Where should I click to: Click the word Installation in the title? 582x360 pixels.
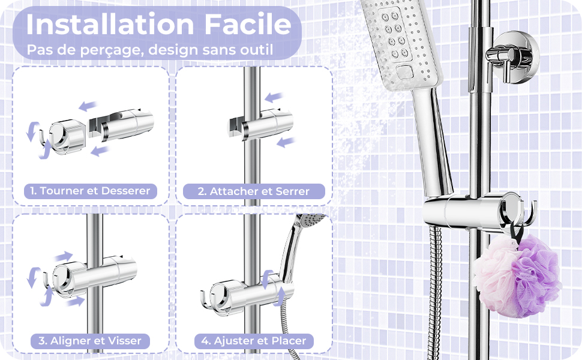110,25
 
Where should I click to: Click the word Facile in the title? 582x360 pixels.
248,25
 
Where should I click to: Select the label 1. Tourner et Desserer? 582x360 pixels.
91,191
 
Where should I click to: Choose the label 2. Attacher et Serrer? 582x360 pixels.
254,191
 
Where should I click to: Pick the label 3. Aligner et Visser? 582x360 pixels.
90,341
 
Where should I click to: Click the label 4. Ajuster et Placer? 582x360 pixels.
254,341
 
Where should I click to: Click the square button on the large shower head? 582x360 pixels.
405,71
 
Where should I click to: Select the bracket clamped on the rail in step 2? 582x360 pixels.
260,124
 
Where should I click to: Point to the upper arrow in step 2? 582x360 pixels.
274,97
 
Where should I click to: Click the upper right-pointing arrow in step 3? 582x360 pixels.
64,256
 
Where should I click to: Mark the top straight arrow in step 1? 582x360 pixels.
88,106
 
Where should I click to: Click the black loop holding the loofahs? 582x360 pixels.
517,232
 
